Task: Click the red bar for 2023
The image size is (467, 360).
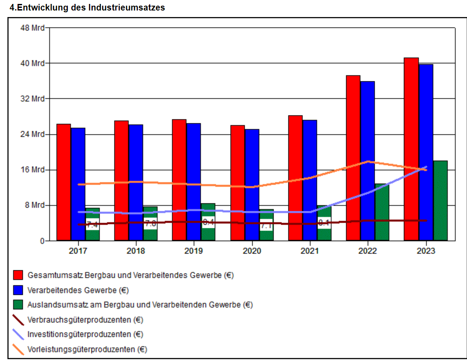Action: click(411, 149)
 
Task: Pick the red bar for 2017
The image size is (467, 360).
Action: click(64, 182)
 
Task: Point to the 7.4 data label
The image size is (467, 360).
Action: click(92, 225)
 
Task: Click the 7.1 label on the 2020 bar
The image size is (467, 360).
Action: click(266, 226)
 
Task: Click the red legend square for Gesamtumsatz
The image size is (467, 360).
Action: click(18, 275)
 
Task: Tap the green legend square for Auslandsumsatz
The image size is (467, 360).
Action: click(18, 304)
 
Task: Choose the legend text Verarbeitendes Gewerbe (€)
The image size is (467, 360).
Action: click(78, 290)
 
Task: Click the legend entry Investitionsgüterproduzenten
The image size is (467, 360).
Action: click(85, 334)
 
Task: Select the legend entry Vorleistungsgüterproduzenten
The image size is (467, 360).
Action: click(87, 349)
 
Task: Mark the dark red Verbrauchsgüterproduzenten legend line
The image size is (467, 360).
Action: click(18, 320)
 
